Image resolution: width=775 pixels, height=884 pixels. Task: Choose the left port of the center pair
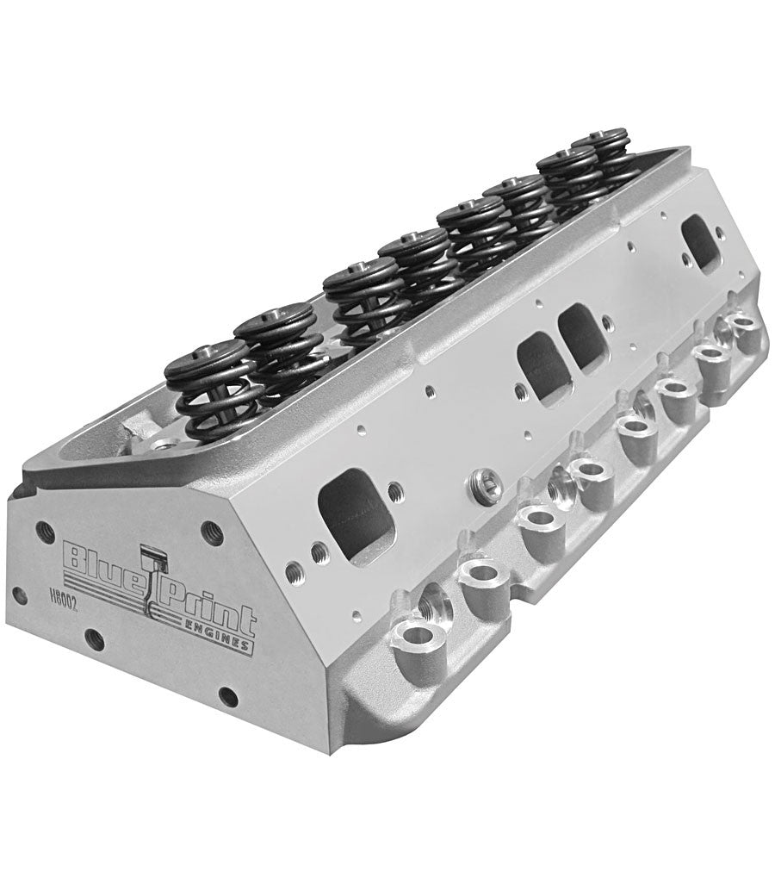tap(542, 365)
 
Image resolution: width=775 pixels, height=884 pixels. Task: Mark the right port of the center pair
tap(584, 339)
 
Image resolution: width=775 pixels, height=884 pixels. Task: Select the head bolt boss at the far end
tap(742, 328)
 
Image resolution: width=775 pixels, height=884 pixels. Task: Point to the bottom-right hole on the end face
tap(228, 696)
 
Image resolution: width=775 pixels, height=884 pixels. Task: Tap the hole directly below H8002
tap(95, 639)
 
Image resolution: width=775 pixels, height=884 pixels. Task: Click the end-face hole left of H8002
tap(19, 595)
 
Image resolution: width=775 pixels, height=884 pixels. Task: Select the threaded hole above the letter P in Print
tap(211, 532)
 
